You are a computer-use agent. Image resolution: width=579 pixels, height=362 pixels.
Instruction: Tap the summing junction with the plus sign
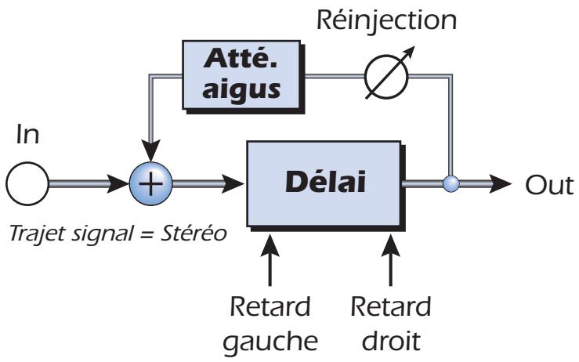click(x=153, y=185)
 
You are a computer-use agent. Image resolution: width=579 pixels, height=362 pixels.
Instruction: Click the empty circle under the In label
click(x=27, y=185)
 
